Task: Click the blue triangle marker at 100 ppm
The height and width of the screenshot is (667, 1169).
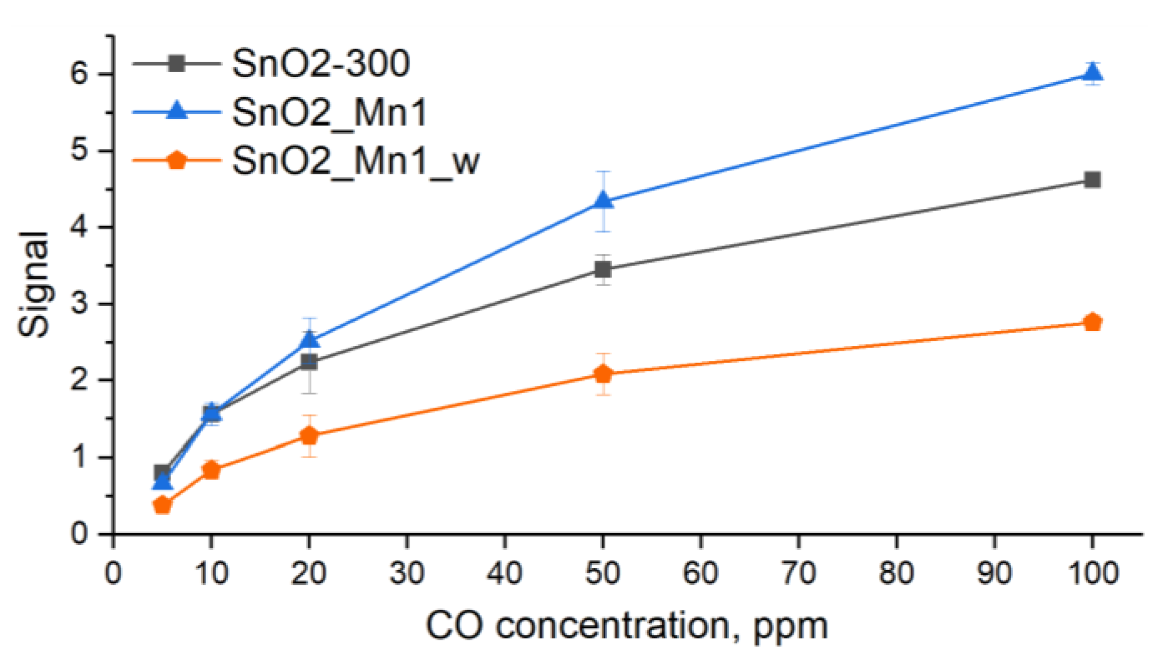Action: coord(1092,73)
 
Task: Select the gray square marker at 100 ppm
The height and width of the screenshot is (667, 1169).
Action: coord(1092,179)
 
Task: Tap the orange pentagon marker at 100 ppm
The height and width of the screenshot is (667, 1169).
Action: coord(1092,322)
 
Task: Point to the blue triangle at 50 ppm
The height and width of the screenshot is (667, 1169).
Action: coord(603,200)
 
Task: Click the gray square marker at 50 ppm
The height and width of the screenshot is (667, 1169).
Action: coord(603,269)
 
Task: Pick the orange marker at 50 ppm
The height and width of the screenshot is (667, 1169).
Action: coord(603,374)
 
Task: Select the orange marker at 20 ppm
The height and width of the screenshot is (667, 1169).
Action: coord(310,435)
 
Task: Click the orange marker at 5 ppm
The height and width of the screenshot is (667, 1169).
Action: coord(162,505)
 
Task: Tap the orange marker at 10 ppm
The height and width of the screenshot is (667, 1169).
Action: coord(211,470)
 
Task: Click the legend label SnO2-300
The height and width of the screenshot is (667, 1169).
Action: coord(321,63)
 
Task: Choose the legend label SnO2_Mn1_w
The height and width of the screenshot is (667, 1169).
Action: coord(355,161)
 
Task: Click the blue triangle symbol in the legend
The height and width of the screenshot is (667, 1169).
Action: coord(177,111)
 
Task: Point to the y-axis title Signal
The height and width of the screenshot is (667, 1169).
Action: coord(33,284)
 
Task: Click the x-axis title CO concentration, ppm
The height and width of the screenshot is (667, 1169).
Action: coord(626,626)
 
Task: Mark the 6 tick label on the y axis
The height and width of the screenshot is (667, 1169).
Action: coord(79,74)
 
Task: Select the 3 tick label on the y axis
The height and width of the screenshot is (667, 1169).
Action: coord(79,304)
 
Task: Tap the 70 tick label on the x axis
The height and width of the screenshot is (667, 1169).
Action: coord(798,573)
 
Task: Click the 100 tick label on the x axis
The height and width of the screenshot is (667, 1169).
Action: coord(1093,573)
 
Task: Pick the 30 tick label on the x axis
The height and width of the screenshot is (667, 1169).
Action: coord(407,573)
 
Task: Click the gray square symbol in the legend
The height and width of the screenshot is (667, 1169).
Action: coord(177,63)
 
